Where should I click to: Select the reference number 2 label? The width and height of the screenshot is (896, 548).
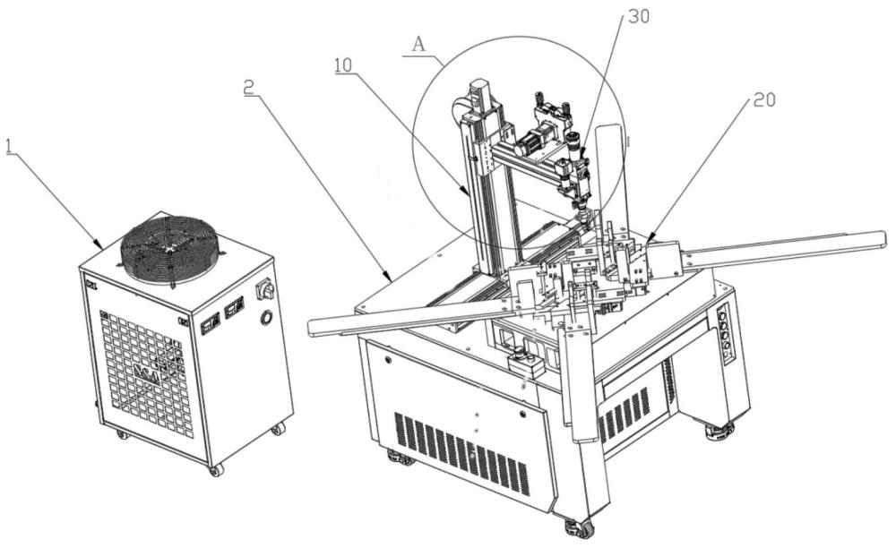[247, 87]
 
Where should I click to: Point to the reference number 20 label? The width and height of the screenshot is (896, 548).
[762, 100]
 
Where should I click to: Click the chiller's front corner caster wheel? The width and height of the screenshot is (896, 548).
[215, 468]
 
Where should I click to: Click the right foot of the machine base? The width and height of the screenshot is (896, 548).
[719, 431]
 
